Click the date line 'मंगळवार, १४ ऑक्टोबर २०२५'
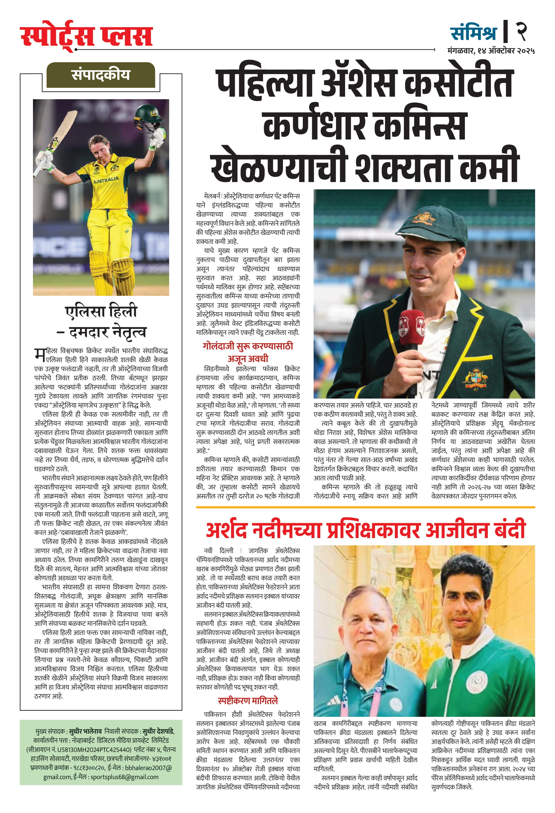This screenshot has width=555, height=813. pyautogui.click(x=491, y=51)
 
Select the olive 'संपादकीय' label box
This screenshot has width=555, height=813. pyautogui.click(x=101, y=75)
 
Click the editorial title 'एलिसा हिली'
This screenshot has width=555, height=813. pyautogui.click(x=101, y=311)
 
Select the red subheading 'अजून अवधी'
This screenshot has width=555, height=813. pyautogui.click(x=248, y=358)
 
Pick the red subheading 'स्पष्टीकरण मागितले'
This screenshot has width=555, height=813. pyautogui.click(x=248, y=700)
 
